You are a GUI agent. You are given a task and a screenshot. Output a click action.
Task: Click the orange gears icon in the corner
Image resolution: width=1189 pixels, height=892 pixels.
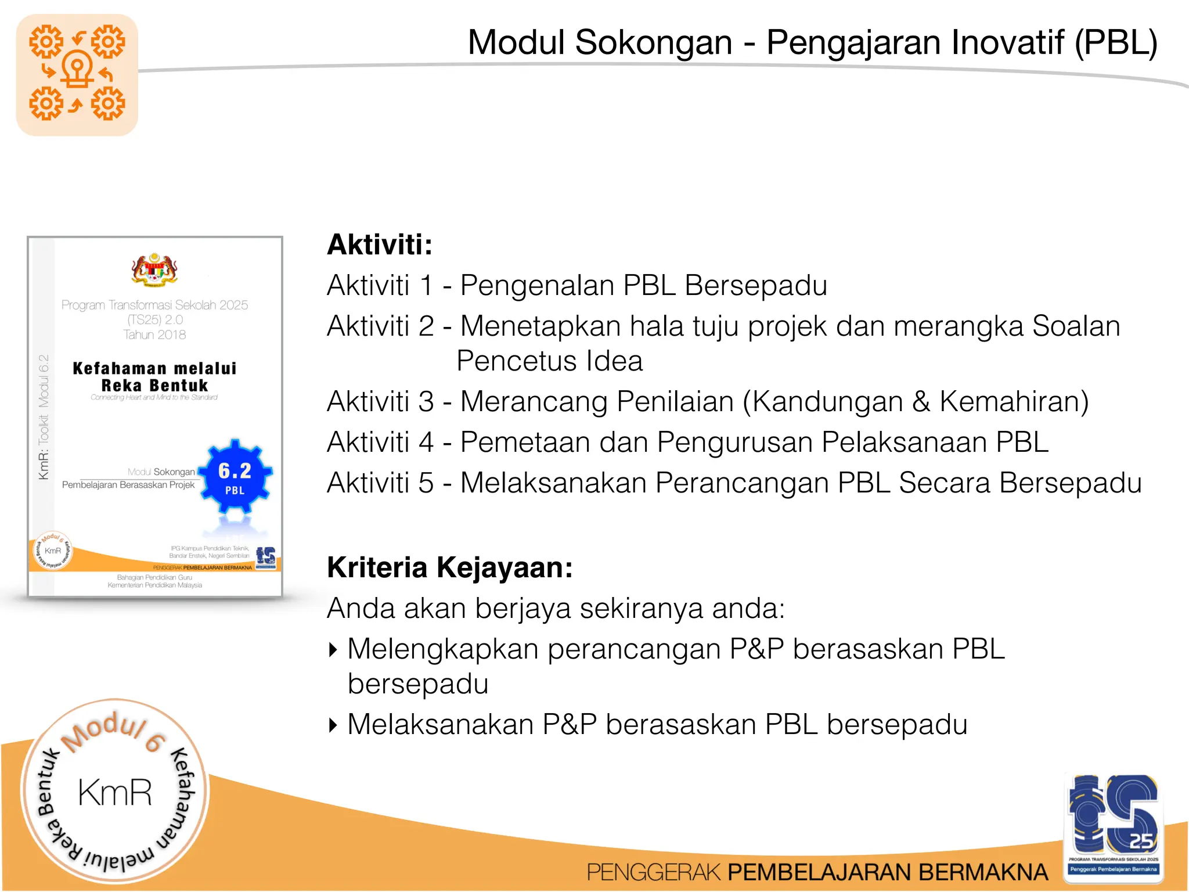click(77, 74)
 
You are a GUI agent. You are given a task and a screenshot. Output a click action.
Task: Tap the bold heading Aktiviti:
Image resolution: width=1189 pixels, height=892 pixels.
click(380, 244)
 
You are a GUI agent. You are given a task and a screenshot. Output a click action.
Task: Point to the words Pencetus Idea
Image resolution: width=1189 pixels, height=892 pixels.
click(549, 361)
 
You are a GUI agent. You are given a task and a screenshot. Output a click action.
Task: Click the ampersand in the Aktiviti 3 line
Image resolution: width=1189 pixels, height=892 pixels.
click(921, 402)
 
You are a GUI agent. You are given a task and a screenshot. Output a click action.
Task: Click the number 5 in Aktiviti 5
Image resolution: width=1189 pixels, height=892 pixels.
click(426, 483)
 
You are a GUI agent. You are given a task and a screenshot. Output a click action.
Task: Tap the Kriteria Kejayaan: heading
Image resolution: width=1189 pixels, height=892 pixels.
click(449, 568)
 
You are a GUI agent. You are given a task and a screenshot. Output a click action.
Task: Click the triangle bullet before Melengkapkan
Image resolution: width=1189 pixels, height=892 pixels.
click(333, 649)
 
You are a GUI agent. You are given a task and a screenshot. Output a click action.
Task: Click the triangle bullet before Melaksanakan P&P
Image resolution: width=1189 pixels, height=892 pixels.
click(333, 725)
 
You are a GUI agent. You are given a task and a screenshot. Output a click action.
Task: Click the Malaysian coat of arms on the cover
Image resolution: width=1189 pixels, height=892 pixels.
click(154, 270)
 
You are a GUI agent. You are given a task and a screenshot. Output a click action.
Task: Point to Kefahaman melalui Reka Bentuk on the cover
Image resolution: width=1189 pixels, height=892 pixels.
click(154, 377)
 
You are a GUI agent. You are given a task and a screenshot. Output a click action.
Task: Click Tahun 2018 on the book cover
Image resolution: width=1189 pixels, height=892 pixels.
click(154, 335)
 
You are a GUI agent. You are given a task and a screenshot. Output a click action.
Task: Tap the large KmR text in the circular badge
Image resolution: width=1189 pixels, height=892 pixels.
click(115, 793)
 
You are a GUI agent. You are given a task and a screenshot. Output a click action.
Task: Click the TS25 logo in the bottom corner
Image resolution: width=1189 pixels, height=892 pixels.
click(1114, 825)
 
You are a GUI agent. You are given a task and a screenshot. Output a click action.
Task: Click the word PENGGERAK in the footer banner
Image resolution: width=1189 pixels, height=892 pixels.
click(654, 873)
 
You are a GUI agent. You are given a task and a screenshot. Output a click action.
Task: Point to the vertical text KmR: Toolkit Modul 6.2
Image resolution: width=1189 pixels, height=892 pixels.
click(44, 417)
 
